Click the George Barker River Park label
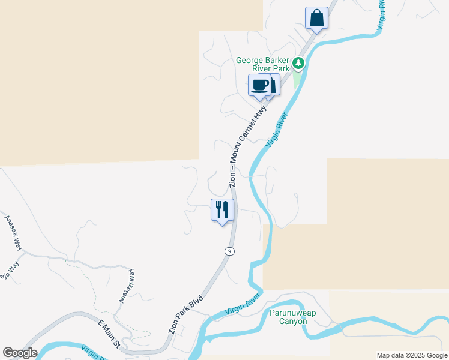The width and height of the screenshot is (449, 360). (x=263, y=64)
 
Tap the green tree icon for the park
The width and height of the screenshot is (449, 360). (x=298, y=62)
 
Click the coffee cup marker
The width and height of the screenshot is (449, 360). (x=259, y=85)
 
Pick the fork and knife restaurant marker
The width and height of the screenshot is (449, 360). (x=222, y=209)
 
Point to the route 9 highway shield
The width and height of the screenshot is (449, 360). (x=229, y=251)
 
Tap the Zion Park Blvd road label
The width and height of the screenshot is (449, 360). (x=186, y=314)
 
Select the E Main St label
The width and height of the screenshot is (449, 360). (x=109, y=334)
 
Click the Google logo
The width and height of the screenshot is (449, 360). (x=20, y=353)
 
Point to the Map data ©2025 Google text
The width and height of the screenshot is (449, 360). (x=412, y=355)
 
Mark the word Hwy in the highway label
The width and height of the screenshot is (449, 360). (x=261, y=115)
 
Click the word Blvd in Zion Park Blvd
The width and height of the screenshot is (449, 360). (x=197, y=302)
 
